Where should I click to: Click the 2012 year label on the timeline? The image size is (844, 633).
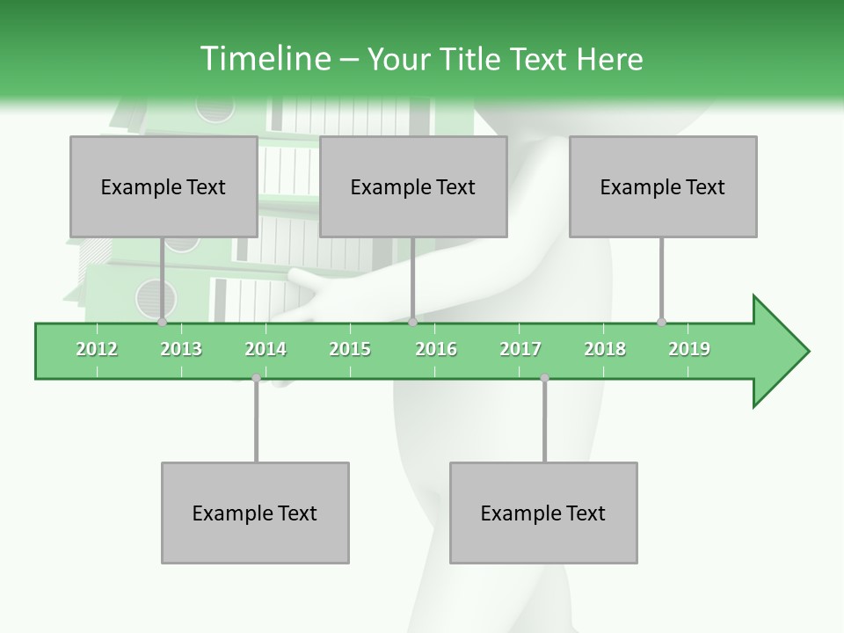pos(97,349)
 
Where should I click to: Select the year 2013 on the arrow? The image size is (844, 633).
pos(181,349)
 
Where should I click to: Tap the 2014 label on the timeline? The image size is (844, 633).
pos(266,349)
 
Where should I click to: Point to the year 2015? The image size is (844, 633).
pos(350,349)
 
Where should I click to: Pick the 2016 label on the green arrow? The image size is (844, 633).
pos(436,349)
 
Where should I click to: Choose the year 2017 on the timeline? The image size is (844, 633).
pos(520,349)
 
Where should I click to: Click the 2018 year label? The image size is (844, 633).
pos(605,349)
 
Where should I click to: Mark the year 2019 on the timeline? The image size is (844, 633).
pos(689,349)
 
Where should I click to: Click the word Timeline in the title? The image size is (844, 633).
pos(265,59)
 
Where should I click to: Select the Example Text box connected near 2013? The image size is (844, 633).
pos(163,186)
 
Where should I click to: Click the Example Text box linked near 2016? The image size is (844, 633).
pos(412,186)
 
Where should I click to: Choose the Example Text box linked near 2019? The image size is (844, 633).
pos(662,186)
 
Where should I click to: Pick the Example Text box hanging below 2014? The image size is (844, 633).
pos(255,513)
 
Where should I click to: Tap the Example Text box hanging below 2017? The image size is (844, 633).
pos(542,513)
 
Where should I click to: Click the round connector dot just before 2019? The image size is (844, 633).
pos(661,322)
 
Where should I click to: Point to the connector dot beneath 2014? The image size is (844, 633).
pos(256,378)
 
